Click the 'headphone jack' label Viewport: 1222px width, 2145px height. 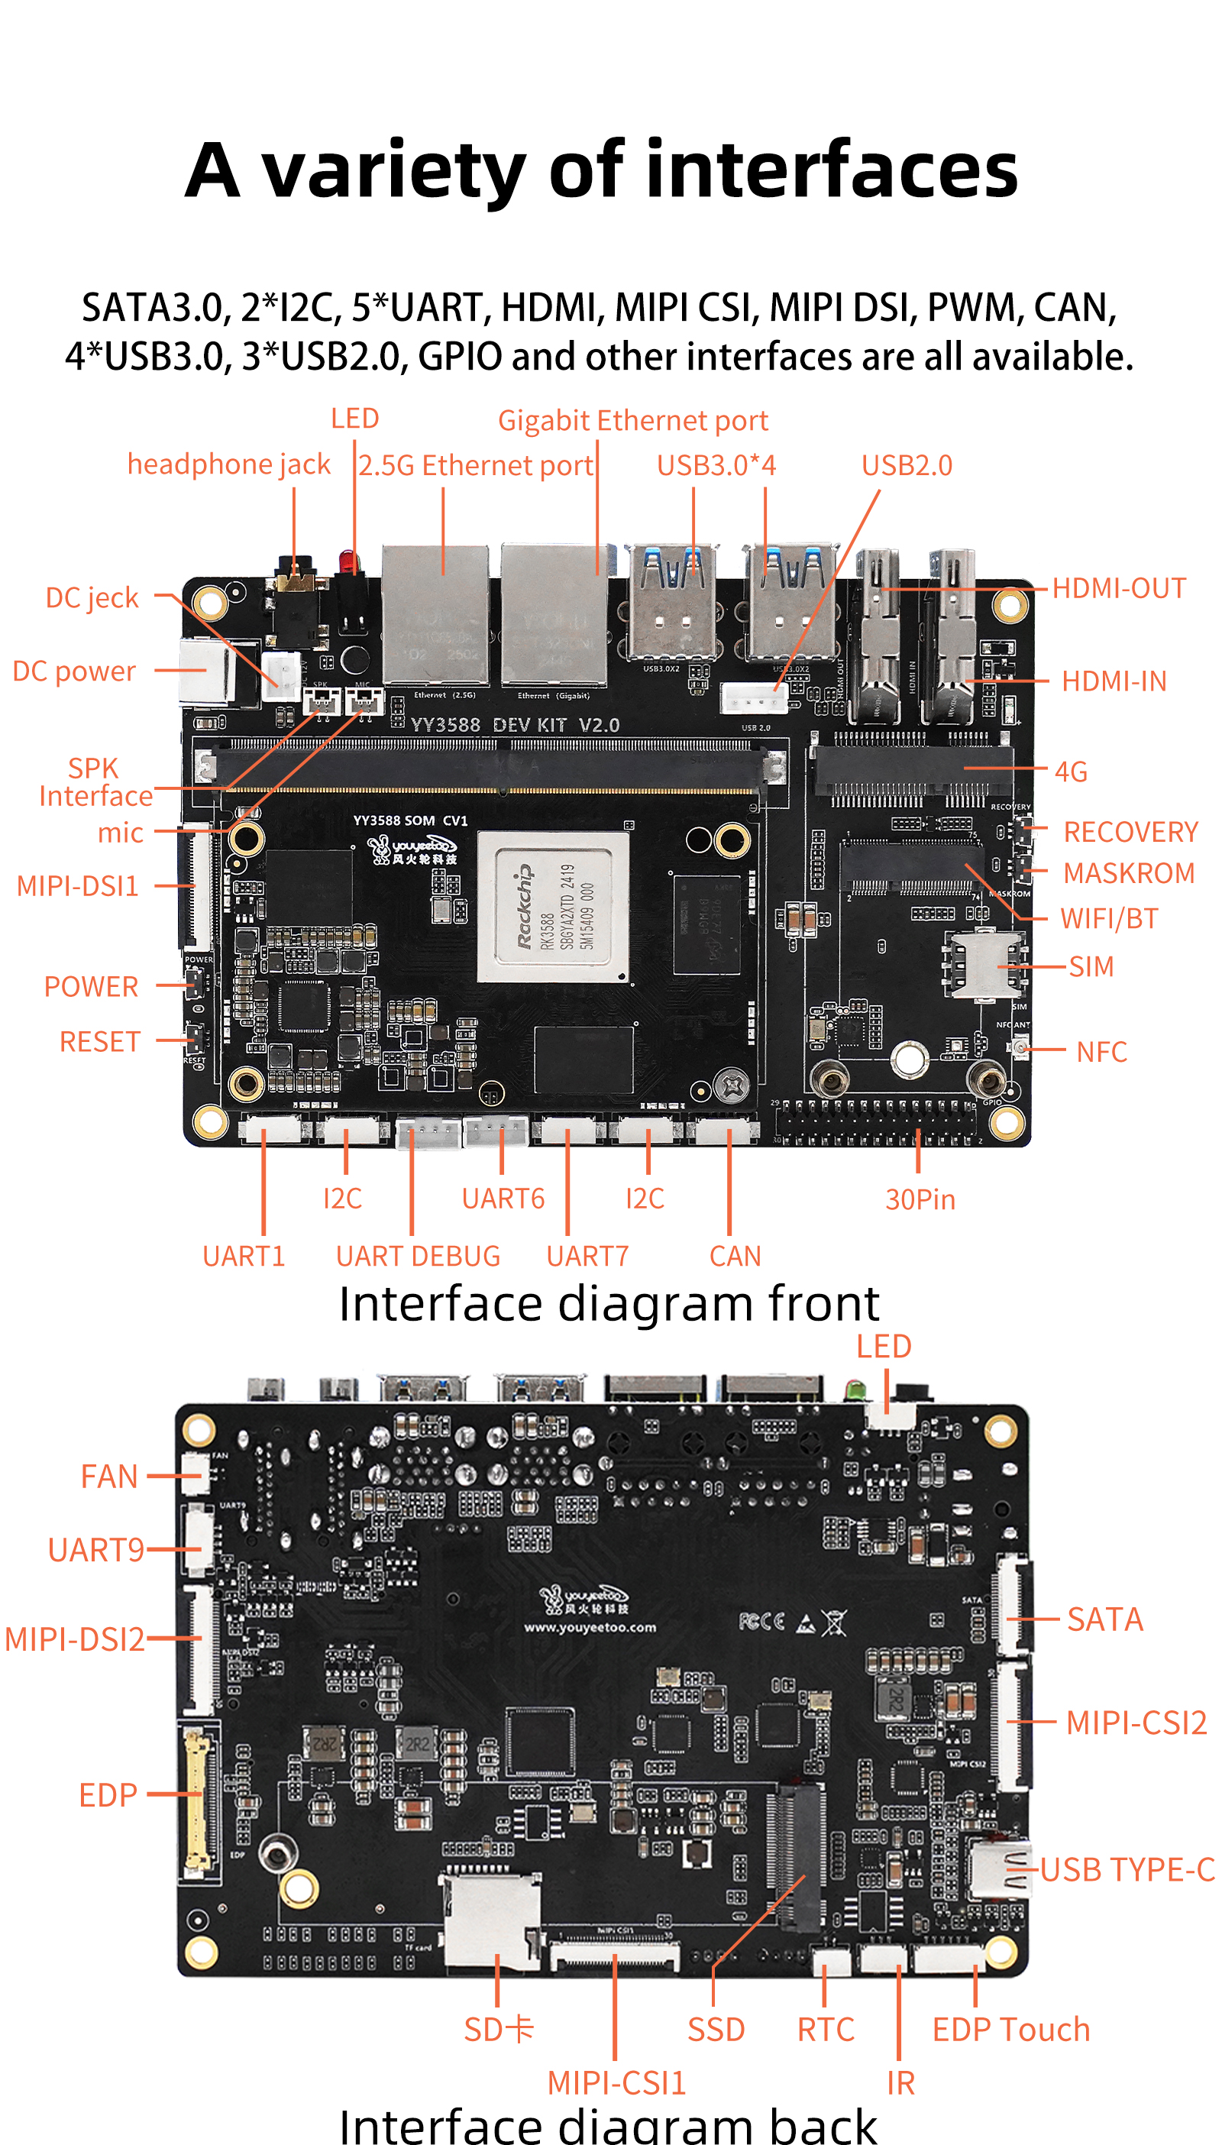(x=228, y=464)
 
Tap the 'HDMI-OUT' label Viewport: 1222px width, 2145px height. (x=1118, y=588)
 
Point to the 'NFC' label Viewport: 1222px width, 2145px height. (x=1101, y=1052)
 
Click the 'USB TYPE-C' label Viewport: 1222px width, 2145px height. (x=1127, y=1869)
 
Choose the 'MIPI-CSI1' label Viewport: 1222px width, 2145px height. (x=616, y=2082)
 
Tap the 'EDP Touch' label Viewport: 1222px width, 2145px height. (x=1010, y=2029)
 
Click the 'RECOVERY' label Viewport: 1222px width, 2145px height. (x=1130, y=832)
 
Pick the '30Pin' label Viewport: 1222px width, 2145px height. (x=920, y=1199)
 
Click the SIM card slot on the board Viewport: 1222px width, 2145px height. (x=981, y=964)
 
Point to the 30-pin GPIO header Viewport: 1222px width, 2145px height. (x=877, y=1123)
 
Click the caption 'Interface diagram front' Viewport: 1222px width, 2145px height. (x=609, y=1303)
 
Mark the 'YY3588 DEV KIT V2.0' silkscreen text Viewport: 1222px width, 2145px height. (x=515, y=724)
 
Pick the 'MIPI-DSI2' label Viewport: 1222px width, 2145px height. (x=74, y=1638)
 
